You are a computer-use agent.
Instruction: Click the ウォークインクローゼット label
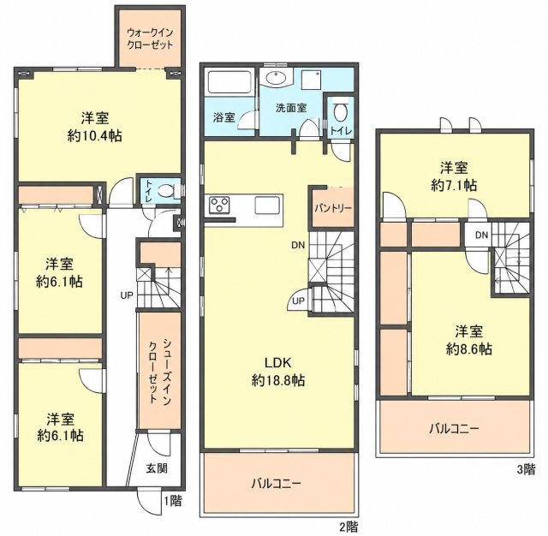point(150,39)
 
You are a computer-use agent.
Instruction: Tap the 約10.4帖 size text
point(95,135)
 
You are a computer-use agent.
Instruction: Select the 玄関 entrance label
point(157,468)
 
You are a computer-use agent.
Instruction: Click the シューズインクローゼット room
point(160,372)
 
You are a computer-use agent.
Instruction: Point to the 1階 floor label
point(173,501)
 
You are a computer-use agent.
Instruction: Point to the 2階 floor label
point(348,526)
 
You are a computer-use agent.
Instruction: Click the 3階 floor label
point(526,469)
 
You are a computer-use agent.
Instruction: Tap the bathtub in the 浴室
point(229,82)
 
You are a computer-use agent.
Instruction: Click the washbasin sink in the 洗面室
point(277,78)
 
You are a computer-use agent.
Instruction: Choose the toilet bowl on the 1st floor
point(164,191)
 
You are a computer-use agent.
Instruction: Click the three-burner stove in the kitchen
point(219,205)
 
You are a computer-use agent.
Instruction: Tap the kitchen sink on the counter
point(267,205)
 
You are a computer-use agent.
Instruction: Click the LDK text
point(277,363)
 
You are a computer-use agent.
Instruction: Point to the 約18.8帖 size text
point(277,380)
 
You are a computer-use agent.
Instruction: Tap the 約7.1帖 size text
point(454,186)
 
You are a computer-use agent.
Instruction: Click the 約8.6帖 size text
point(469,349)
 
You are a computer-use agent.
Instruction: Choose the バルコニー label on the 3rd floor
point(454,428)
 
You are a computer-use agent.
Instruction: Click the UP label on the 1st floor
point(127,295)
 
